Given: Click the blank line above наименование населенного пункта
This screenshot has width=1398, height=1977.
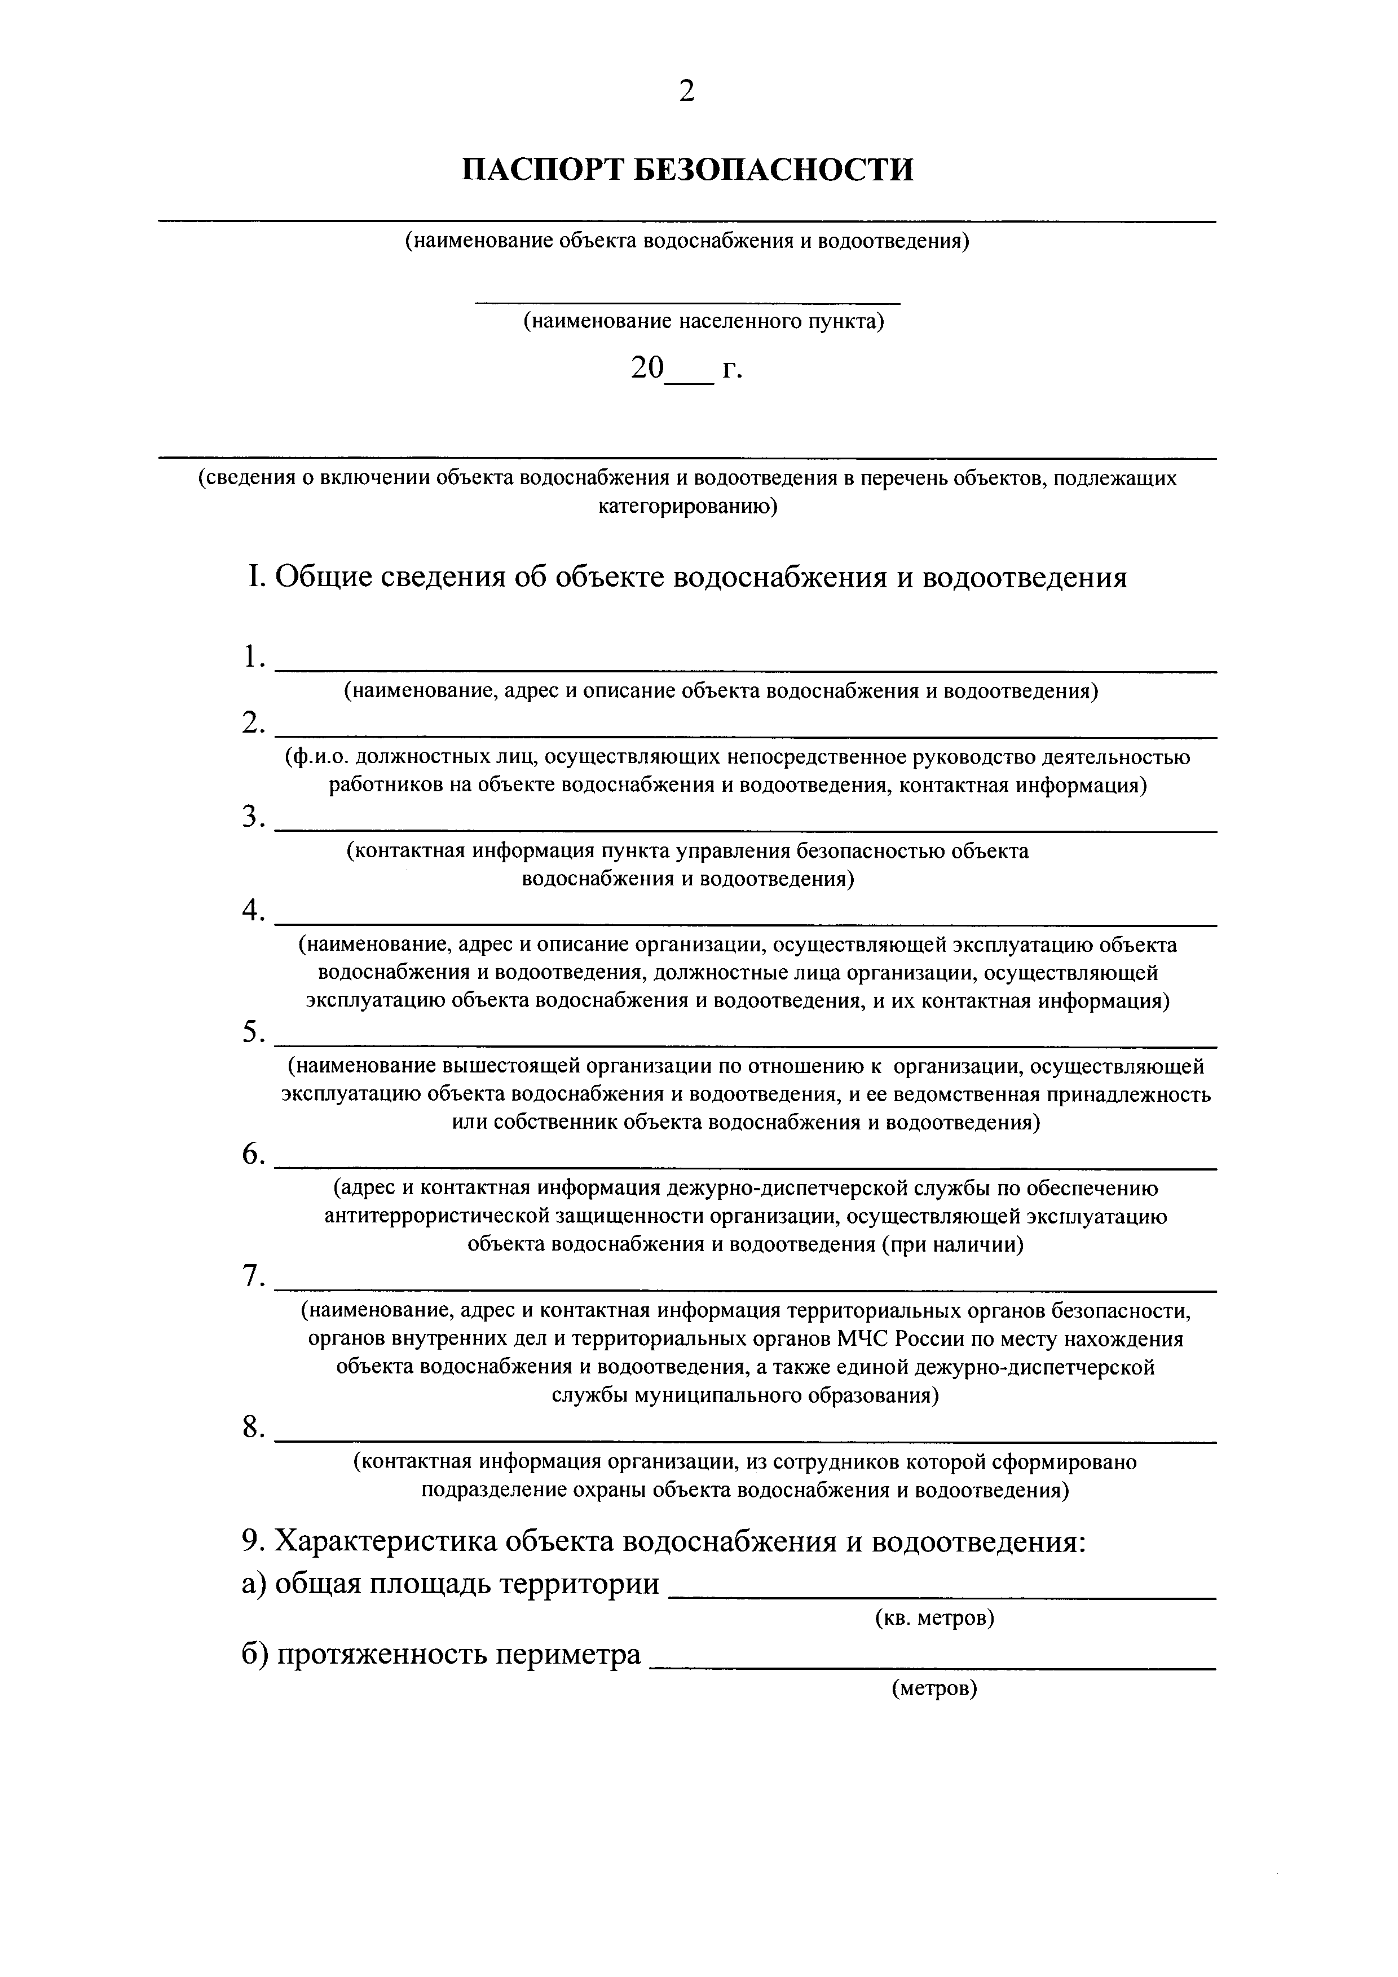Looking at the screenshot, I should [687, 302].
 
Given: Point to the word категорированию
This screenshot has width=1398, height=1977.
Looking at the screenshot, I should [687, 507].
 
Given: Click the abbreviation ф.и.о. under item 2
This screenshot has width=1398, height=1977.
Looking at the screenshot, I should [318, 758].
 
